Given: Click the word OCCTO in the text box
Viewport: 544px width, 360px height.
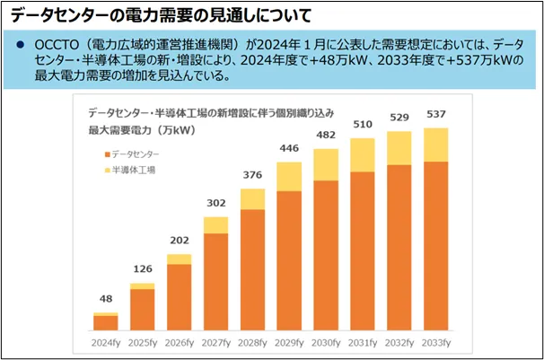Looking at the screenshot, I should pos(57,45).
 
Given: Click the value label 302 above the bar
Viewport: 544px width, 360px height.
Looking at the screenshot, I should pos(215,204).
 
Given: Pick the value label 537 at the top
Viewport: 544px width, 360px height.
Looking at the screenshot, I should pos(435,116).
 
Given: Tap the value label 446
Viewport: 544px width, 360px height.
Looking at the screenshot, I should pos(289,149).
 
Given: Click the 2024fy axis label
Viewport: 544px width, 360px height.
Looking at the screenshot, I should pos(105,342).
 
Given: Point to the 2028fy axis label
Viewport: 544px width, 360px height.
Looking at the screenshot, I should pos(252,342).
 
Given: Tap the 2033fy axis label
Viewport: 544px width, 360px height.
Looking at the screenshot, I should pos(435,342).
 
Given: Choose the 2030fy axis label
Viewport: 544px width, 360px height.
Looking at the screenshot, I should pos(325,342).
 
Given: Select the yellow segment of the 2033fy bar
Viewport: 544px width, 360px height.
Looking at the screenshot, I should pos(435,145).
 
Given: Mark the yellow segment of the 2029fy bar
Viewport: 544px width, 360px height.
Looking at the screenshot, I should pos(289,176).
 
